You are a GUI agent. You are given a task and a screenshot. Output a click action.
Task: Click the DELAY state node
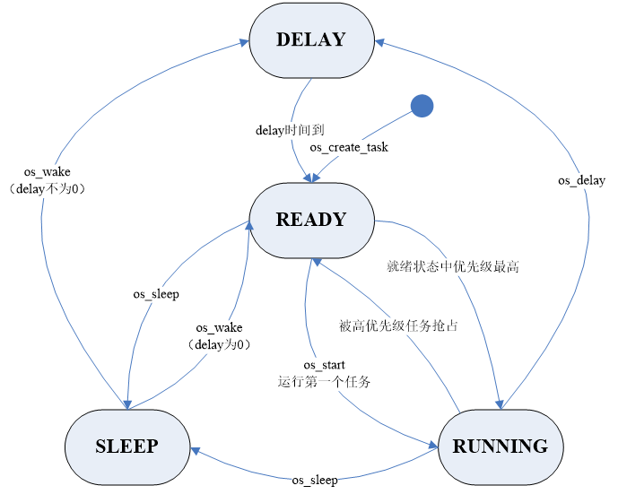(310, 39)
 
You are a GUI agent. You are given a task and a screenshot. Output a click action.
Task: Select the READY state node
(310, 220)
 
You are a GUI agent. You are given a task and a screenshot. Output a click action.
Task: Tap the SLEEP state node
(126, 447)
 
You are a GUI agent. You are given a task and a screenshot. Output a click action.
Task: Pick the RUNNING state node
(500, 447)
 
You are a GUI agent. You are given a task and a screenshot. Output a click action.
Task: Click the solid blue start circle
(422, 106)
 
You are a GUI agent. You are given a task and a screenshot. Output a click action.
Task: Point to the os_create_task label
(349, 147)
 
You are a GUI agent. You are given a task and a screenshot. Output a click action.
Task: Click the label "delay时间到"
(283, 130)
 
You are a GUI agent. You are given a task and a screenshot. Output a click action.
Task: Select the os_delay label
(581, 180)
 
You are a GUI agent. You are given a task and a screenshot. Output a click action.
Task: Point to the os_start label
(325, 365)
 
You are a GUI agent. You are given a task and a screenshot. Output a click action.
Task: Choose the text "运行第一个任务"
(325, 381)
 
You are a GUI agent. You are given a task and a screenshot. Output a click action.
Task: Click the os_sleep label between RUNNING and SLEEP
(315, 481)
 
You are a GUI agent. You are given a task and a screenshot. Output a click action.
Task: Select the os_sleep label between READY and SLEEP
(156, 293)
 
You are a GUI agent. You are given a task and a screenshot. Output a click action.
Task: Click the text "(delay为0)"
(219, 344)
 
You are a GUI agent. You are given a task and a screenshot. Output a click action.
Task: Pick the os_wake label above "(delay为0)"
(219, 328)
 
